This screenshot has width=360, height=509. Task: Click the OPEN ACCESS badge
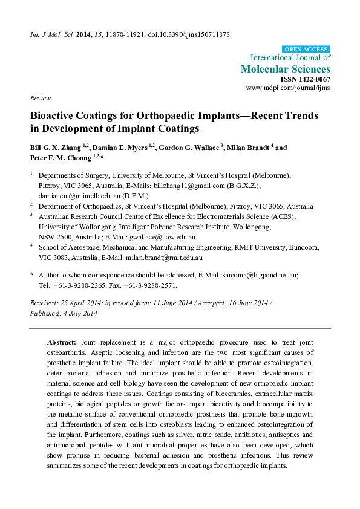pos(306,48)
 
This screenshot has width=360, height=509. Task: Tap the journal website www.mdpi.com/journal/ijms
pos(289,88)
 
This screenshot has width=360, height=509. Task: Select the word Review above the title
pos(39,97)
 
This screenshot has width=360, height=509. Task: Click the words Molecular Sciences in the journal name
pos(286,69)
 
